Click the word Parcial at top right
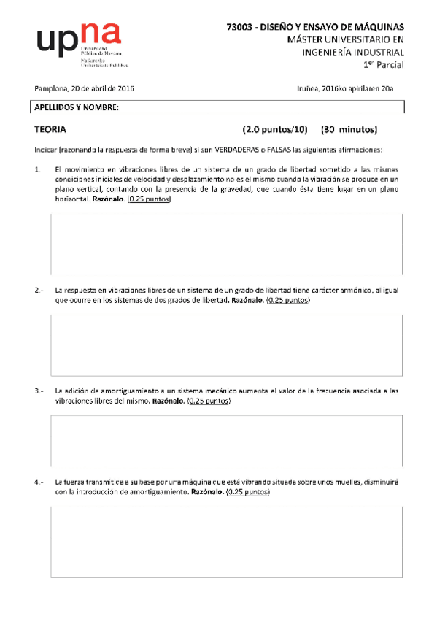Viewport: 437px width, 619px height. click(x=389, y=65)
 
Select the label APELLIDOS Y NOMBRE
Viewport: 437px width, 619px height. click(x=77, y=107)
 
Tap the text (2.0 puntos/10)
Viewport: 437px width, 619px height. click(x=274, y=130)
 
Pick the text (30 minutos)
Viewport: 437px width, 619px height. click(x=349, y=130)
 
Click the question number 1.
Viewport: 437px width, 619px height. click(x=37, y=169)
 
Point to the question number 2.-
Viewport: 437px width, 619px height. click(x=39, y=290)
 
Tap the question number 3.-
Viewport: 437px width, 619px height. click(x=39, y=391)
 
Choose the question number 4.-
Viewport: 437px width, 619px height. click(x=39, y=482)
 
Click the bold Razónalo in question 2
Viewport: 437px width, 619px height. click(x=247, y=300)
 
